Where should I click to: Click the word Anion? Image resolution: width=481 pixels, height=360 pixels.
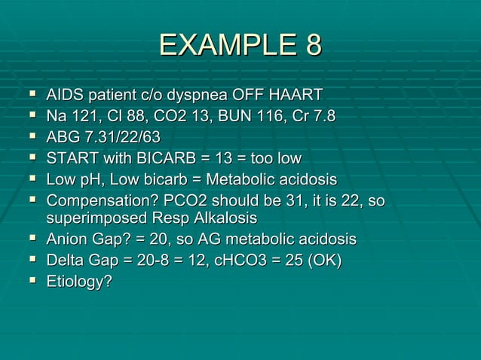pos(70,239)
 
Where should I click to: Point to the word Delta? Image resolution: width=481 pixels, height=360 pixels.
pos(67,261)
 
